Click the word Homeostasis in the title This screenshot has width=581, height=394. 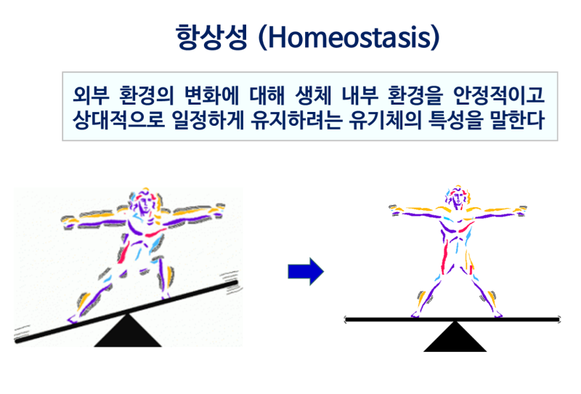coord(349,38)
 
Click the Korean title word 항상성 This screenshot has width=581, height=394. coord(211,38)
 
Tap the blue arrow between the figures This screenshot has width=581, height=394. coord(306,272)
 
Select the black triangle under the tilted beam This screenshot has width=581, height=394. coord(128,331)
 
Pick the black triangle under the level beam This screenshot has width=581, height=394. coord(455,337)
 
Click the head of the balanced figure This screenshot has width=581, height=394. coord(458,196)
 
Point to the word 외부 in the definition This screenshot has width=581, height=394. coord(92,95)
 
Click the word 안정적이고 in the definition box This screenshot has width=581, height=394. coord(499,95)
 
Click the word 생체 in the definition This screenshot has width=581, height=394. coord(314,95)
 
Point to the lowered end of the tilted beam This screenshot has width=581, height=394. coord(17,340)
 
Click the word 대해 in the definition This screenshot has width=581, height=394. coord(267,95)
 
